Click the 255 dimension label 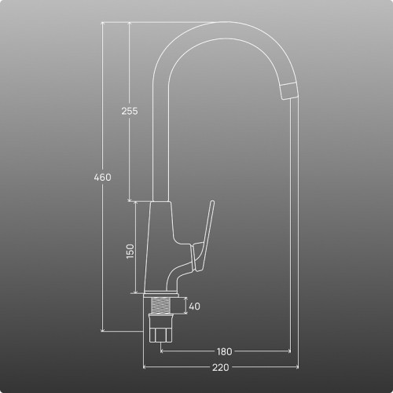click(x=130, y=111)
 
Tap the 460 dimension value click(x=102, y=178)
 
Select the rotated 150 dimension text click(x=130, y=252)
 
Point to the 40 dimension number click(x=194, y=306)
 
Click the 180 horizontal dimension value click(x=225, y=351)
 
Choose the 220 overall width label click(x=221, y=367)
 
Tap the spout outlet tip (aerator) click(x=289, y=90)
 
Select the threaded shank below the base click(x=160, y=305)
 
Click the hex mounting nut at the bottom click(x=160, y=328)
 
